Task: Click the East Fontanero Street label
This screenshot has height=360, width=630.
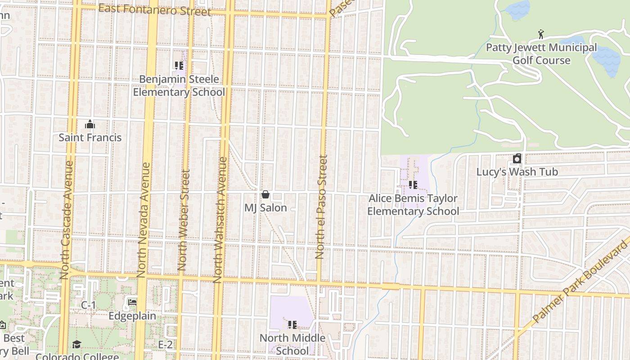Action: [154, 9]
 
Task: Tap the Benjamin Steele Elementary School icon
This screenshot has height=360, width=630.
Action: [179, 66]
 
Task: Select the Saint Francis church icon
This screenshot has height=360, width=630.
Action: [90, 124]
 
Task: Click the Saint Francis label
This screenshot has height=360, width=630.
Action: [90, 137]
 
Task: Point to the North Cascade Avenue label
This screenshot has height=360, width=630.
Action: [66, 219]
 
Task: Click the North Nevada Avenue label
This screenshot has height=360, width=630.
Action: [144, 220]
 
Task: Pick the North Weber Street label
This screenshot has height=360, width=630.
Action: [183, 220]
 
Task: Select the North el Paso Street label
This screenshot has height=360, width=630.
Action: [320, 207]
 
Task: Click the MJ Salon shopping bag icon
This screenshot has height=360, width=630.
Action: [265, 194]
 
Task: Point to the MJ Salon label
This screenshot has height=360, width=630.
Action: [265, 208]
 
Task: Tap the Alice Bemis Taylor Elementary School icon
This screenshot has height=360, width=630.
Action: [413, 185]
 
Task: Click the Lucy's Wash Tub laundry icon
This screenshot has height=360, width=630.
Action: [517, 159]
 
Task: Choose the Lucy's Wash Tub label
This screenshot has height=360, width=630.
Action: [517, 172]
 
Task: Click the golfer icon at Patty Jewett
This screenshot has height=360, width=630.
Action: [541, 34]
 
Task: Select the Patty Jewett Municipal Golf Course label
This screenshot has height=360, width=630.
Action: [541, 54]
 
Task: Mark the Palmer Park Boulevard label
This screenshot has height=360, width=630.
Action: [580, 281]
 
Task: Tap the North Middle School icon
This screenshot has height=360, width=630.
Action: [292, 324]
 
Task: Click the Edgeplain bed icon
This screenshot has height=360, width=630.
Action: [132, 302]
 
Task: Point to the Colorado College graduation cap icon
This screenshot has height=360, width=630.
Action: [76, 345]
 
